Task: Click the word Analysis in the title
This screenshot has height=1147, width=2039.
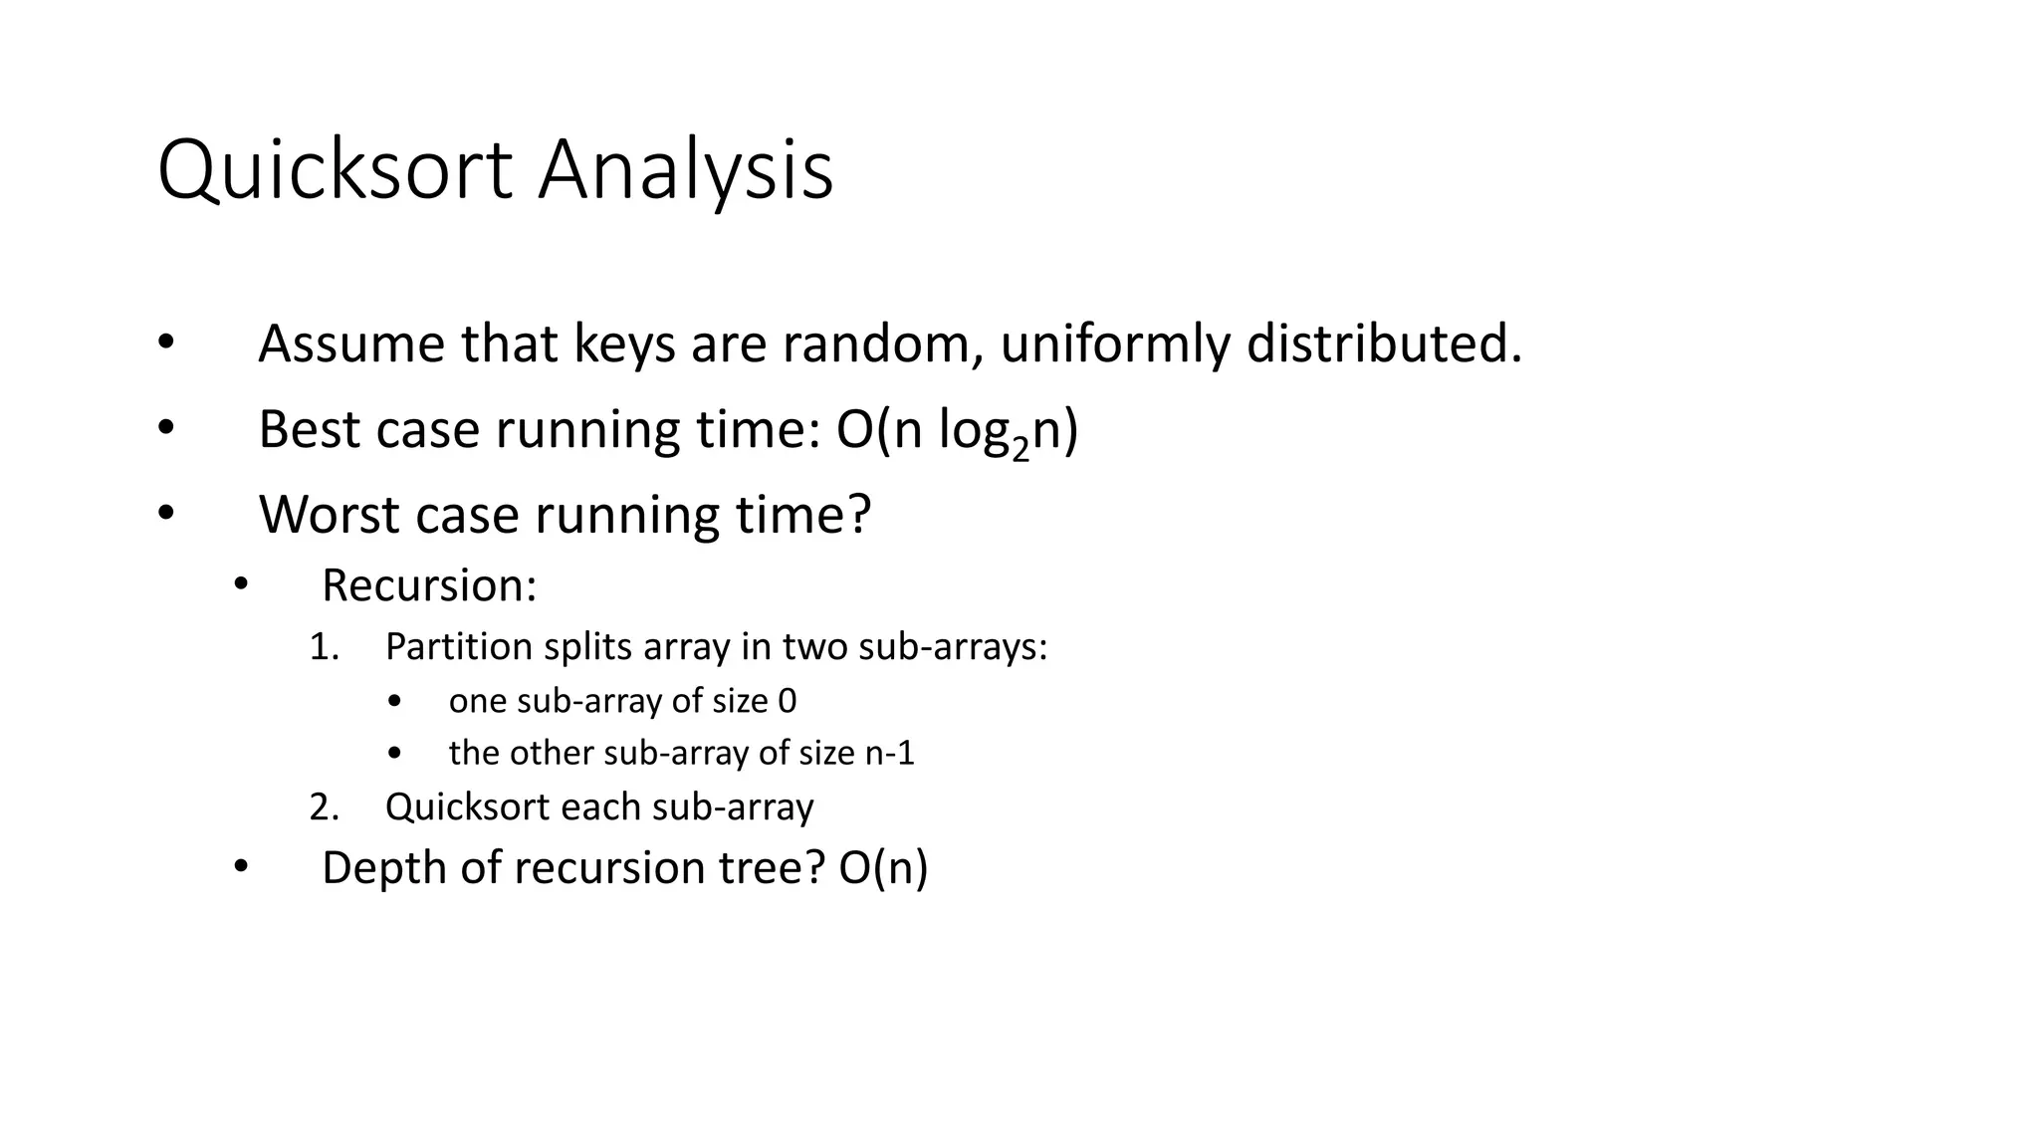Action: [x=685, y=171]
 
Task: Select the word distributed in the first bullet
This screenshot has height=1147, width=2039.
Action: [x=1384, y=344]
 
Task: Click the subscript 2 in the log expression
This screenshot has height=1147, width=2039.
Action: [x=1019, y=450]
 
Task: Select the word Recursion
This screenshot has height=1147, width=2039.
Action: [x=428, y=585]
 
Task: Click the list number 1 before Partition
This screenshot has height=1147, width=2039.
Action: [x=324, y=647]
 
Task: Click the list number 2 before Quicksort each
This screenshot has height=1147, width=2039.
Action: [x=324, y=806]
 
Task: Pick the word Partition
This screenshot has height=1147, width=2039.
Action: [x=458, y=647]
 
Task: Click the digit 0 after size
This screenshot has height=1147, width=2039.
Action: [x=787, y=701]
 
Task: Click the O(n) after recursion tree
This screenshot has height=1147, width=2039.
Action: [x=883, y=868]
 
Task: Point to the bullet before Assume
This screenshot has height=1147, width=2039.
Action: [x=165, y=344]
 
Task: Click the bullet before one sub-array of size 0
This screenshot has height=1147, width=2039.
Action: [x=395, y=702]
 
